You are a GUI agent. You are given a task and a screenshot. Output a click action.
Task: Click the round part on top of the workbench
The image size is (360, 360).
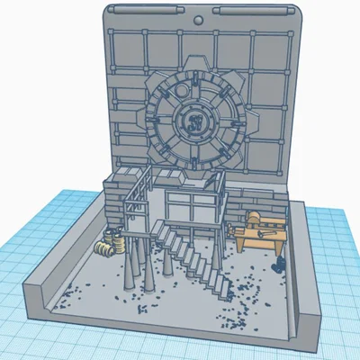[255, 218]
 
